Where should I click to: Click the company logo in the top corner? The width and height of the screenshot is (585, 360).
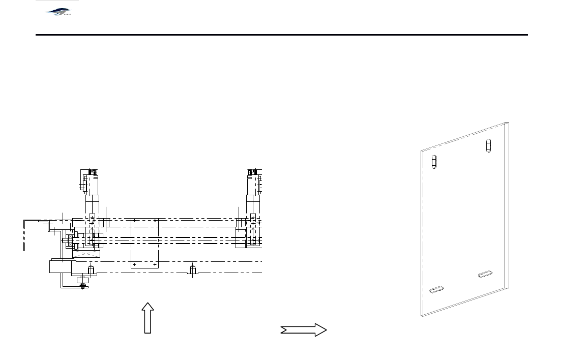coord(58,11)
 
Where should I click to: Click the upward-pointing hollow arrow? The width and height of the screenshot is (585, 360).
coord(148,318)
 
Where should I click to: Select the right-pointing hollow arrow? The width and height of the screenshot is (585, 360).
coord(303,330)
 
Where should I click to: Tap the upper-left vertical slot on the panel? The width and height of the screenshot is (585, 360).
coord(434,161)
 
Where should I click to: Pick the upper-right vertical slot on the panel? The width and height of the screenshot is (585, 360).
coord(489,145)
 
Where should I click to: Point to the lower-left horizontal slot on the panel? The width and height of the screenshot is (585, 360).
coord(436,290)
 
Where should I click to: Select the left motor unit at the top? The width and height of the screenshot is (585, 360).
coord(91,182)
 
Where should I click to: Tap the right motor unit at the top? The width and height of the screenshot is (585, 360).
coord(254,182)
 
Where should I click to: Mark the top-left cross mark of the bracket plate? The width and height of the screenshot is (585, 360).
coord(134,221)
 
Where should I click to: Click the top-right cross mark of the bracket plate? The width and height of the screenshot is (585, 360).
coord(155,221)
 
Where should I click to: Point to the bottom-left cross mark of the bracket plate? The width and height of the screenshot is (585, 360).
coord(134,264)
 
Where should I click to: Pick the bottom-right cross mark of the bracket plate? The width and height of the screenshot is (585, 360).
coord(154,264)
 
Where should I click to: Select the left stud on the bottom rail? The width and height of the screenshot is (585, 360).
coord(91,269)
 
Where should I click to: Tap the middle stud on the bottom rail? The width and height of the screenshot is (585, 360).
coord(192,269)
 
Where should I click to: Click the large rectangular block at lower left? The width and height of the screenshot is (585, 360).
coord(61,266)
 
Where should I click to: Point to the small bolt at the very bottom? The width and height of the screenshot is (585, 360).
coord(82,286)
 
